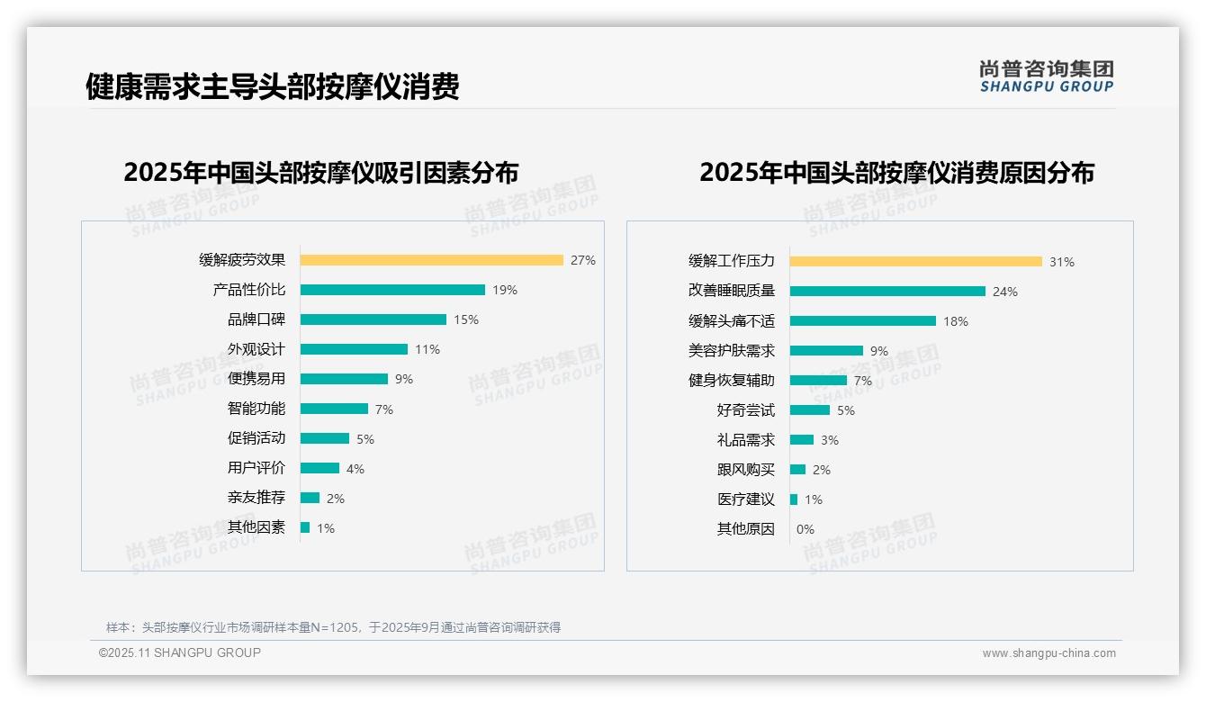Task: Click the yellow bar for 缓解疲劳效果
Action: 431,260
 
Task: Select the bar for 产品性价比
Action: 392,290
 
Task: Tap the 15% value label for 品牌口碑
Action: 466,319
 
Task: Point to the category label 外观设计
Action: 256,349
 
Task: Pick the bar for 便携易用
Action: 344,379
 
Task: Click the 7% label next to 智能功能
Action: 384,409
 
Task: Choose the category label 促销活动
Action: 256,438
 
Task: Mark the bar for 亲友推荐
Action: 310,498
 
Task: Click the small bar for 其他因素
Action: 305,527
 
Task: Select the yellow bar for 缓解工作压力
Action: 915,261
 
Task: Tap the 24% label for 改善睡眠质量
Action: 1005,292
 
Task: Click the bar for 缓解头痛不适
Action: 862,321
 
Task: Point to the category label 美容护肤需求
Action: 731,351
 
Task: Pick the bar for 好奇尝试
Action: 809,410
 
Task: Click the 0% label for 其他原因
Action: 805,529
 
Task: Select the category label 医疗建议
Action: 745,499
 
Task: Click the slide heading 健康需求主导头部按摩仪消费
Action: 273,86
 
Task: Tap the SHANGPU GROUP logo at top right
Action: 1047,76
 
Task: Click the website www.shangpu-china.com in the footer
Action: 1048,653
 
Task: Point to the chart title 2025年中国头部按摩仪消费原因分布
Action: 896,173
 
